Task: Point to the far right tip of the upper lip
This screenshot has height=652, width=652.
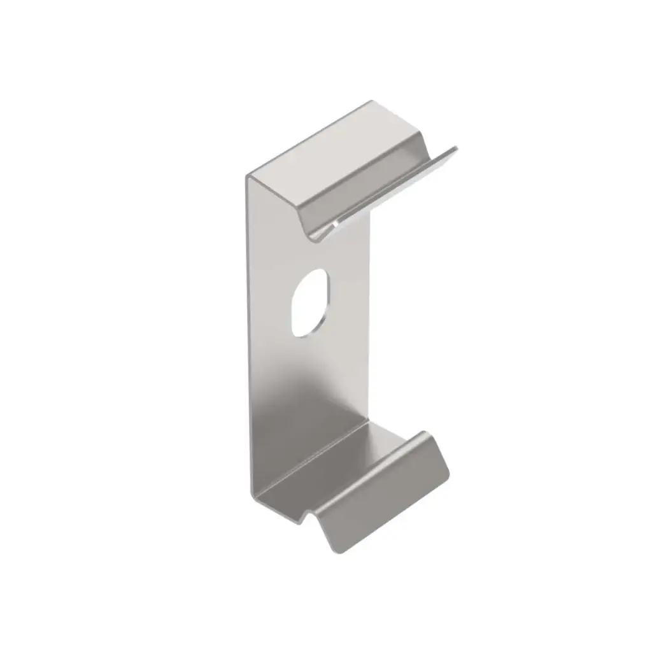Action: pos(455,150)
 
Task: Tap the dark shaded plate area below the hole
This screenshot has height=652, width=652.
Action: pos(299,407)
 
